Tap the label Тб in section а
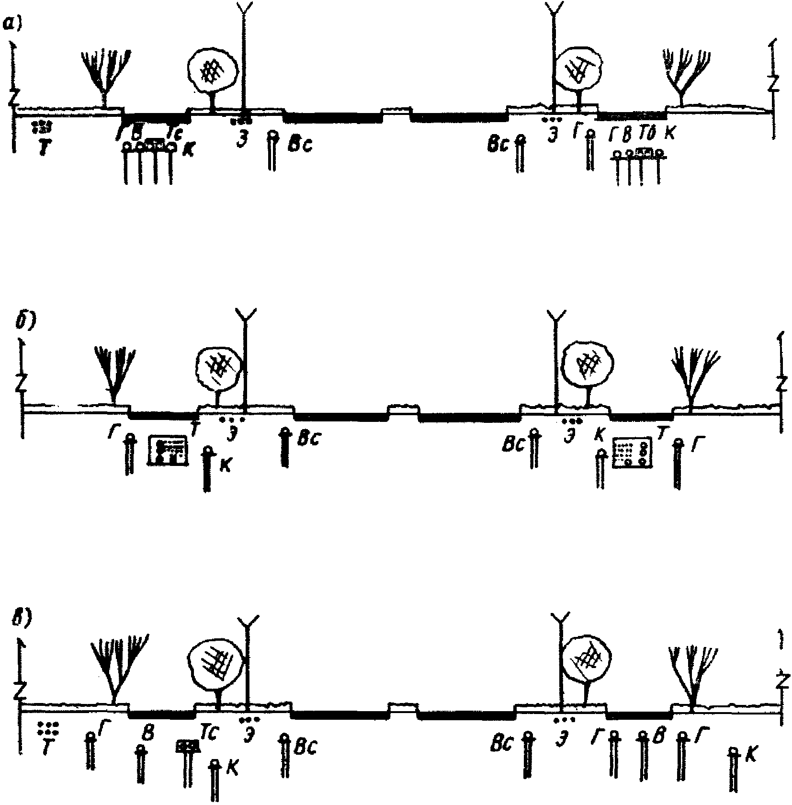(646, 136)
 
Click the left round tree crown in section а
(211, 70)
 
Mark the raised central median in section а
(396, 114)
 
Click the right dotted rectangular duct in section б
(632, 452)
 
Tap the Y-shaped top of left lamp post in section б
(246, 314)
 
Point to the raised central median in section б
(403, 411)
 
